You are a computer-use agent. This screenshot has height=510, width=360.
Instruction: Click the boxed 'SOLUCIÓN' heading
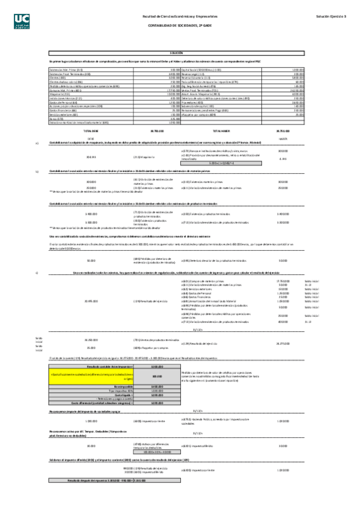click(176, 53)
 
